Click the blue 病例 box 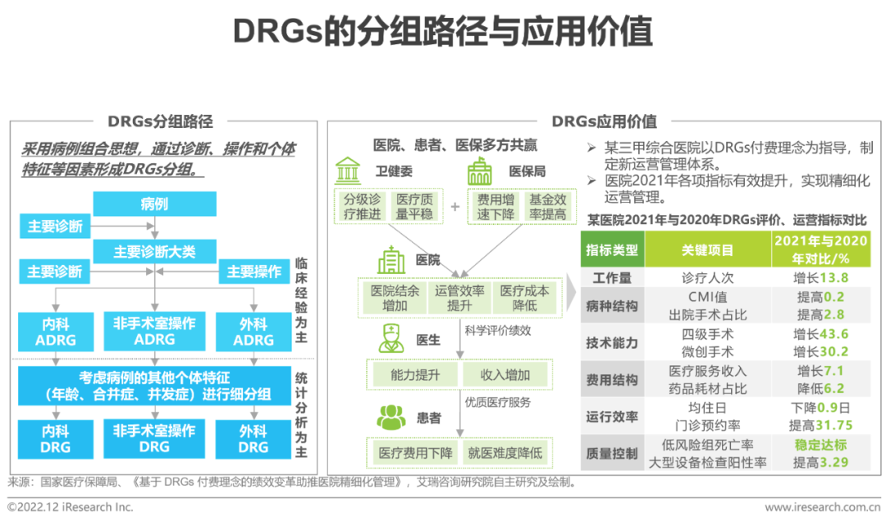pyautogui.click(x=155, y=204)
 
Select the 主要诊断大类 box pyautogui.click(x=155, y=251)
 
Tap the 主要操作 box pyautogui.click(x=253, y=272)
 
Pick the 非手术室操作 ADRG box pyautogui.click(x=155, y=332)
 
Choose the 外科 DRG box pyautogui.click(x=253, y=439)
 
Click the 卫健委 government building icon pyautogui.click(x=348, y=171)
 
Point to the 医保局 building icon pyautogui.click(x=479, y=172)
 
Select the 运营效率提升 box pyautogui.click(x=460, y=298)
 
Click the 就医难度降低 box pyautogui.click(x=505, y=452)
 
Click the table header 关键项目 pyautogui.click(x=707, y=249)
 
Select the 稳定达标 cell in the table pyautogui.click(x=820, y=446)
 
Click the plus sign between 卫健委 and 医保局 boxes pyautogui.click(x=455, y=207)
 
